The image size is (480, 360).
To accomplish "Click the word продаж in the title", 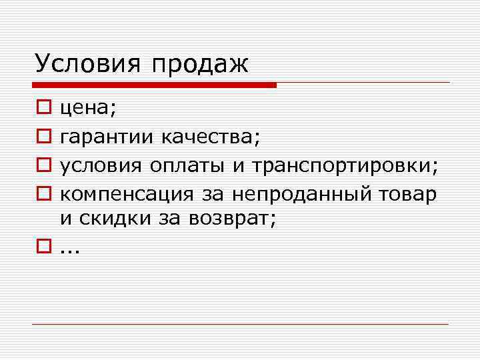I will (199, 65).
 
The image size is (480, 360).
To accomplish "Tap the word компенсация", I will (127, 195).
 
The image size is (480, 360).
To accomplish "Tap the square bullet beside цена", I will (42, 107).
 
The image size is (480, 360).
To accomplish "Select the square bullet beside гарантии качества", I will (42, 137).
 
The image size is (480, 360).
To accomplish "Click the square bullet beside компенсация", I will (42, 195).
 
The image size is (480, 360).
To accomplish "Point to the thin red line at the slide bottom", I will (240, 324).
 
